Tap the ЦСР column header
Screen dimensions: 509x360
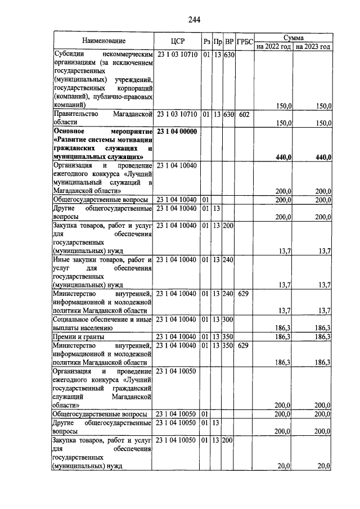177,41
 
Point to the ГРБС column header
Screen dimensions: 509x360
245,42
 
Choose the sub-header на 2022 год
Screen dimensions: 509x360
273,47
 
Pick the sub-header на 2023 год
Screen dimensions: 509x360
313,47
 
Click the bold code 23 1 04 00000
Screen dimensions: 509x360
177,131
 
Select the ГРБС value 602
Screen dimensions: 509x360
244,114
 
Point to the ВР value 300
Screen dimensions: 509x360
229,319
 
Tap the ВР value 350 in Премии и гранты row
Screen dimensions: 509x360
229,336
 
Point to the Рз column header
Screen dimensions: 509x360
206,42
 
